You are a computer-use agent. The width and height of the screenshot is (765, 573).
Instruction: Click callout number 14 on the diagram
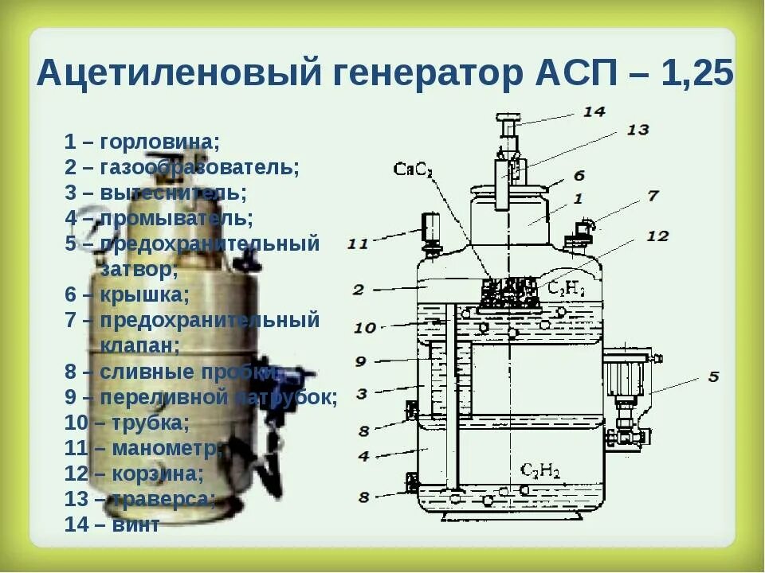[x=594, y=111]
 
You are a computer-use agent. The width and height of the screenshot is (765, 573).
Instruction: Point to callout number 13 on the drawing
[x=637, y=130]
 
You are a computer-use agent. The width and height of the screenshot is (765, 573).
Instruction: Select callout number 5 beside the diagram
[x=712, y=376]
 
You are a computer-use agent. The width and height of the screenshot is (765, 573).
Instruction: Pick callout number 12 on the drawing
[x=657, y=236]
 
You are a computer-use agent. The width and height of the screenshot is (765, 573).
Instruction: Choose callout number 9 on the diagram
[x=360, y=361]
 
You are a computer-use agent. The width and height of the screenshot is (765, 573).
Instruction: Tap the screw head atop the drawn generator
[x=507, y=119]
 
